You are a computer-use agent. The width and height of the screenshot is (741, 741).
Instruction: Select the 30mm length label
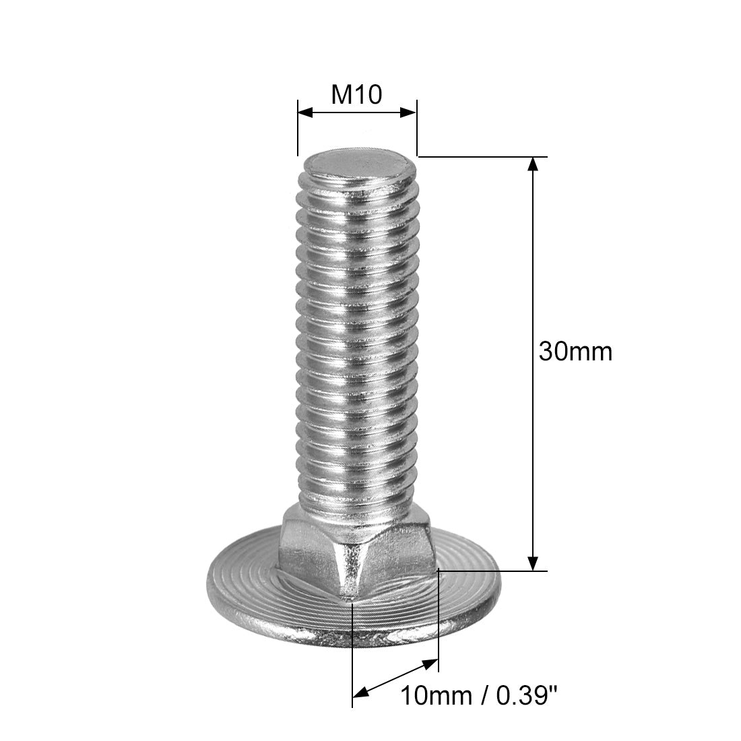575,352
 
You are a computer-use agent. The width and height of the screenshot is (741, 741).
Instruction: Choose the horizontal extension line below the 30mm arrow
492,571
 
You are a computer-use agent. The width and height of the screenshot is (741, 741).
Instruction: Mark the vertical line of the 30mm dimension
533,269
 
